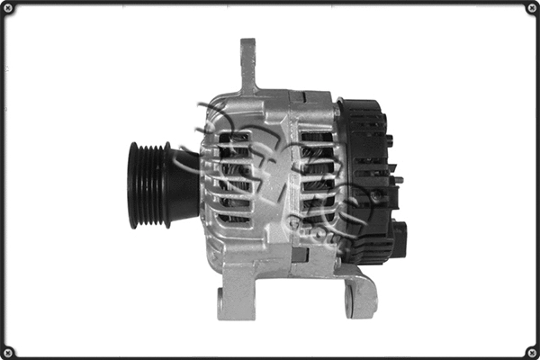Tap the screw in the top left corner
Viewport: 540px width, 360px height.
[8, 9]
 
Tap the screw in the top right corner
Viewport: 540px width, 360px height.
[531, 9]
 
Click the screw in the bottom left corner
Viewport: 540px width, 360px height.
[8, 351]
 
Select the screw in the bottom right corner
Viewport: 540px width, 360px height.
[531, 351]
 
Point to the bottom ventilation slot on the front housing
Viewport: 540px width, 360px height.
[235, 218]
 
